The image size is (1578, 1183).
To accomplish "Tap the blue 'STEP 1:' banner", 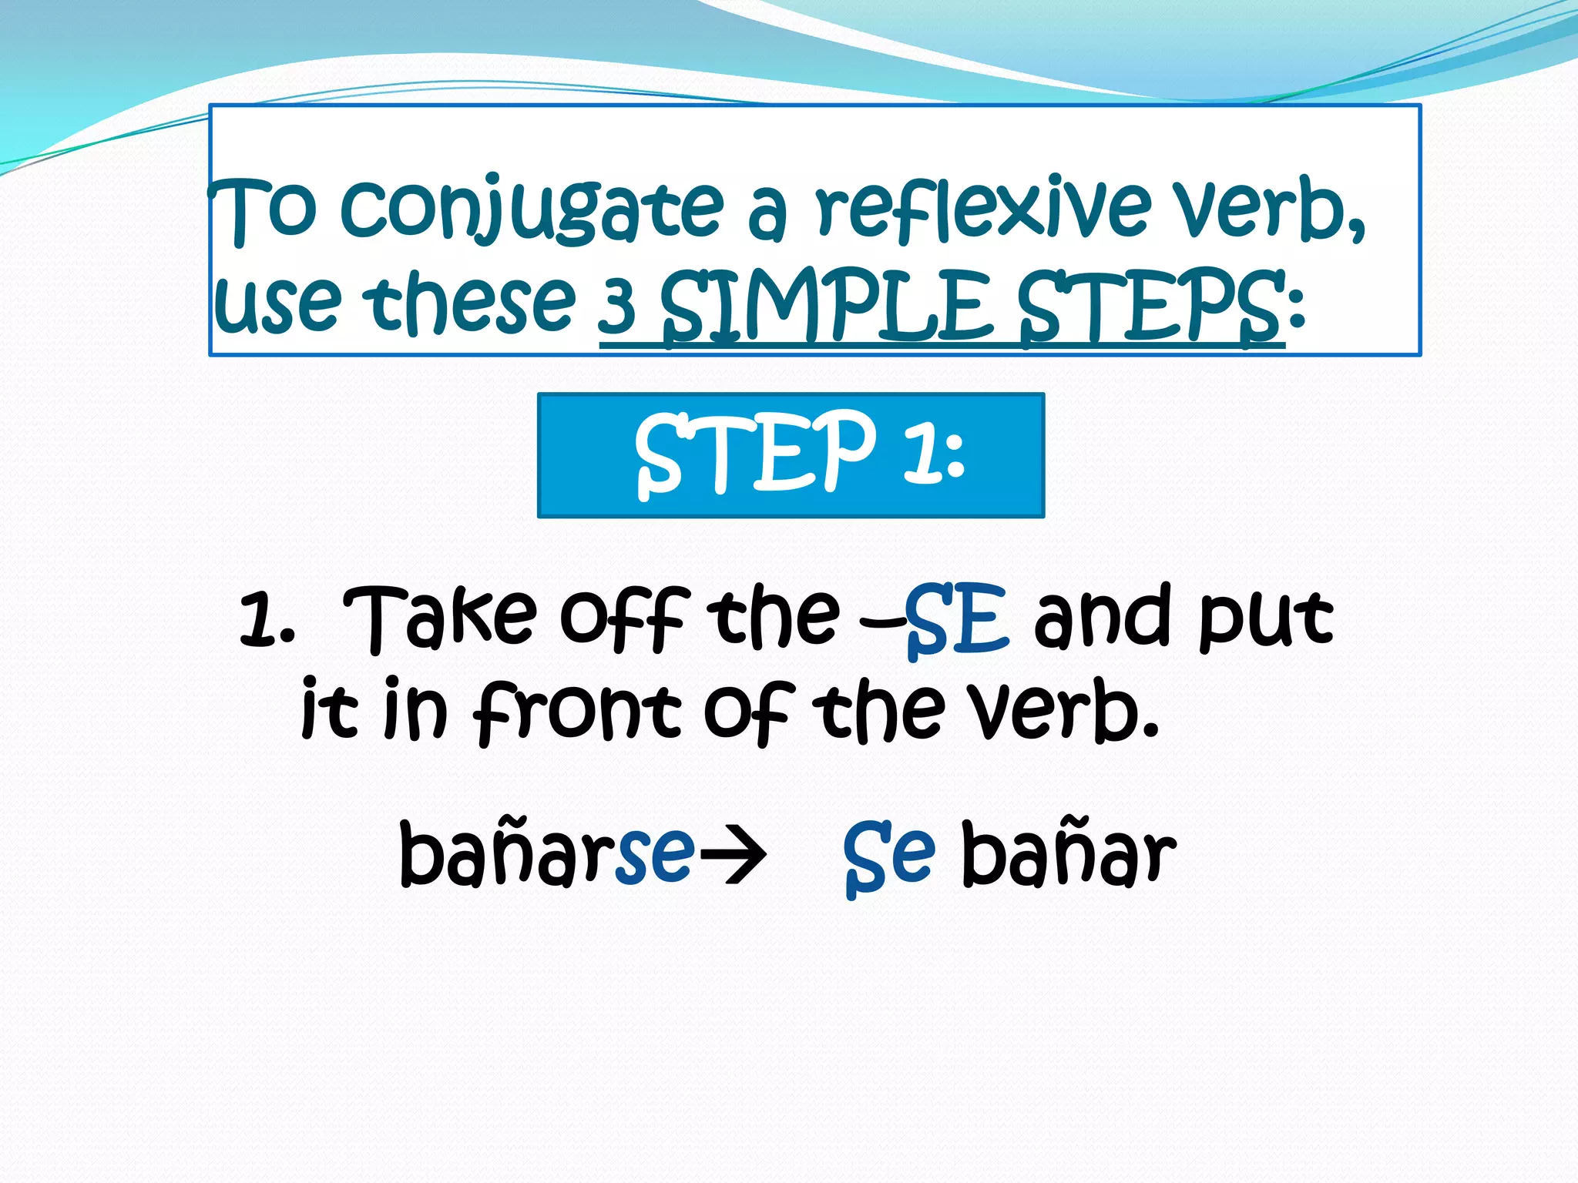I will point(791,455).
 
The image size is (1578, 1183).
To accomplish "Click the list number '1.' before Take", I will point(267,620).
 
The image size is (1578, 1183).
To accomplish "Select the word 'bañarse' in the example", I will point(547,853).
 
